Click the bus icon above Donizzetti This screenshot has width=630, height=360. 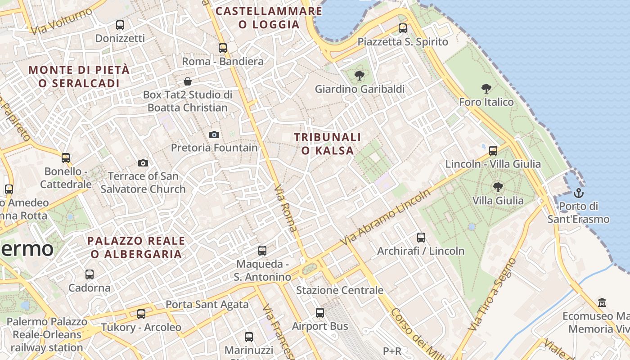[120, 25]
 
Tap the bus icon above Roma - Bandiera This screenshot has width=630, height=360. [222, 48]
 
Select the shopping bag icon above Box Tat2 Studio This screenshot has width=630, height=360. [188, 81]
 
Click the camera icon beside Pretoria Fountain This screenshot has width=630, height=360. [214, 135]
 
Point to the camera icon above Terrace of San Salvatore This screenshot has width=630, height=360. [143, 163]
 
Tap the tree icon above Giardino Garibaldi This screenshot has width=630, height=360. [359, 76]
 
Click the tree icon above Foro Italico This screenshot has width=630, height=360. [486, 88]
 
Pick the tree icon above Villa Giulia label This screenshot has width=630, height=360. [498, 187]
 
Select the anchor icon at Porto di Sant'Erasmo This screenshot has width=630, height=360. [578, 193]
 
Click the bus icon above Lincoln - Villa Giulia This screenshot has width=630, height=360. [493, 150]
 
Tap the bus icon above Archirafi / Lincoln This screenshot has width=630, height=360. [421, 237]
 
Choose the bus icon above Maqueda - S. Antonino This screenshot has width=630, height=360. [262, 250]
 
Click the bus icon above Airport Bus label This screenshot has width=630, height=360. [320, 312]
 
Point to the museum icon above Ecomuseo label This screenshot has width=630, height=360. [602, 302]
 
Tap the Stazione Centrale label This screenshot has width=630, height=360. [339, 290]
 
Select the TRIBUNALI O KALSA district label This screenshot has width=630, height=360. [328, 144]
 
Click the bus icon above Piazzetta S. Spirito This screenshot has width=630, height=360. [403, 28]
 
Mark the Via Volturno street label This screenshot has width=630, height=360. [61, 21]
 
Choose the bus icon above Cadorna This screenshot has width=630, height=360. [90, 274]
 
